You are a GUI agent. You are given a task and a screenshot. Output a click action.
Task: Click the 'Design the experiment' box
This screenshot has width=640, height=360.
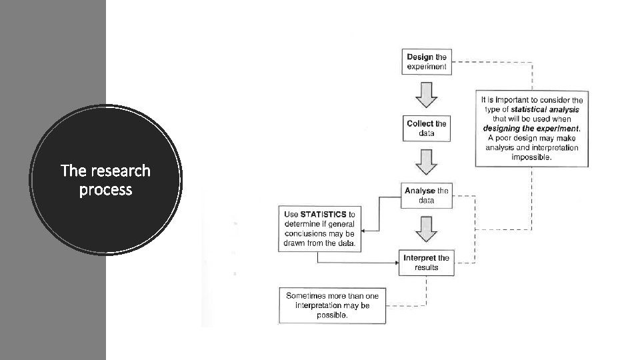pos(427,62)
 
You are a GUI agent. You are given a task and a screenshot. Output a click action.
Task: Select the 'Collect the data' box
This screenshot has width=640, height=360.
pos(427,128)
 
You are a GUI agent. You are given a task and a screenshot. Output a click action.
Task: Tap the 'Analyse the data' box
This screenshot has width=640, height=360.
pos(427,195)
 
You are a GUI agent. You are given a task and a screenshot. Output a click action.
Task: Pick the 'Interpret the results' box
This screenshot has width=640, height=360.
pos(427,263)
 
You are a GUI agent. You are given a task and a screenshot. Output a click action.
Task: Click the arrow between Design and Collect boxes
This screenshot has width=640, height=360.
pos(427,95)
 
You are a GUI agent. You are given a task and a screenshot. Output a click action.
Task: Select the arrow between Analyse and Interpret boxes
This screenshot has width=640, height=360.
pos(427,229)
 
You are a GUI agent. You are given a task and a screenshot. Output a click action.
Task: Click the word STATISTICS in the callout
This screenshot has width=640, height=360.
pos(323,215)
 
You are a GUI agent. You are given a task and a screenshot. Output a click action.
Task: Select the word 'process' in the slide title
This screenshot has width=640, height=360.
pos(105,190)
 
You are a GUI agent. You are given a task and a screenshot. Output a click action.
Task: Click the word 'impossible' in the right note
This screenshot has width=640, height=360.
pos(531,157)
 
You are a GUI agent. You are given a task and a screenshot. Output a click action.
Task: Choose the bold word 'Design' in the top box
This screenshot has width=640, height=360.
pos(420,57)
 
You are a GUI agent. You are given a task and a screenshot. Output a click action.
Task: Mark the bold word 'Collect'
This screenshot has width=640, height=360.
pos(420,123)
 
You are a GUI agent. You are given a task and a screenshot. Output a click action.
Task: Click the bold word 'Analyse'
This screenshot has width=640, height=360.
pos(420,191)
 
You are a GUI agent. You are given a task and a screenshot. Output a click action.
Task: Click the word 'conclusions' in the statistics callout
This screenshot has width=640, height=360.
pos(304,234)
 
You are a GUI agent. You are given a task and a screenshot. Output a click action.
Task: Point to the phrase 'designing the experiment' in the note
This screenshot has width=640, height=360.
pos(531,129)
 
